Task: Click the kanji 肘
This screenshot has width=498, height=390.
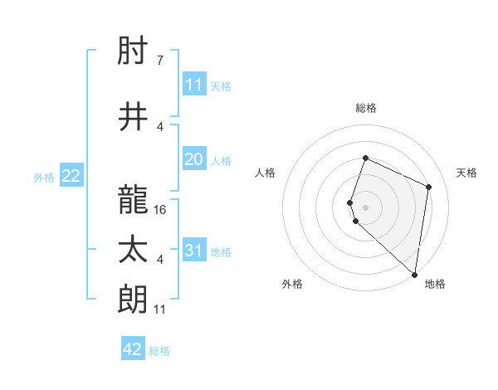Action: coord(134,51)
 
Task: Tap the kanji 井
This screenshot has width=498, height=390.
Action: coord(134,117)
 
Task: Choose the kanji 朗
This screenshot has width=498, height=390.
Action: coord(134,299)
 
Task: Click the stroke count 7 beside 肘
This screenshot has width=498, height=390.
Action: coord(159,61)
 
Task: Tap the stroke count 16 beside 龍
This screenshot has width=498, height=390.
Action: coord(160,210)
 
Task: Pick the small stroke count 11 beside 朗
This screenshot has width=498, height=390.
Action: coord(160,310)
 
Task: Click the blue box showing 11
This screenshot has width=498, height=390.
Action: coord(194,84)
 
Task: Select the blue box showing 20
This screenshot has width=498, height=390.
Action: coord(194,159)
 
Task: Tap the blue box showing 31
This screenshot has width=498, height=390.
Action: coord(194,251)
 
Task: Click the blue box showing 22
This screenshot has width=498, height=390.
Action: coord(71,175)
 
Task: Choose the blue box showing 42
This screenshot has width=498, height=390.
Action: coord(133,349)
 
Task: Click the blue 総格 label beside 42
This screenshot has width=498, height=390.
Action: coord(159,350)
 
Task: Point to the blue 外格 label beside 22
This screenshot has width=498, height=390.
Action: coord(44,177)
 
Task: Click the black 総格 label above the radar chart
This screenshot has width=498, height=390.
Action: coord(365,108)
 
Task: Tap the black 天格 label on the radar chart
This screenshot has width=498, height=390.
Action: coord(466,173)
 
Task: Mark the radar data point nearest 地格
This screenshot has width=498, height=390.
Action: coord(415,275)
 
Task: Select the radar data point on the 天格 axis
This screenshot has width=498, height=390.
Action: coord(429,187)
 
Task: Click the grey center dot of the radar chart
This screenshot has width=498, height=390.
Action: coord(365,207)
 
